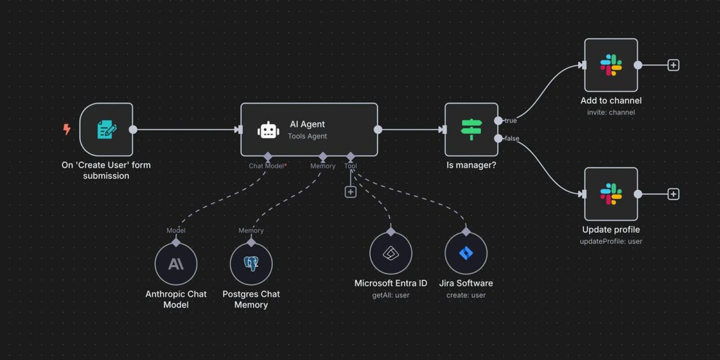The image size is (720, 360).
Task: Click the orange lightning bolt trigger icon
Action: click(67, 129)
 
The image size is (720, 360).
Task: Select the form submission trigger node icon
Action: click(107, 130)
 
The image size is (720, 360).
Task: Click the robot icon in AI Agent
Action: click(268, 130)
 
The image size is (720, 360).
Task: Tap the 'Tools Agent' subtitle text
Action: click(307, 136)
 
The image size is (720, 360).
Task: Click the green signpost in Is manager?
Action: click(471, 129)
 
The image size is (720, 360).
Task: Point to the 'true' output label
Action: click(510, 121)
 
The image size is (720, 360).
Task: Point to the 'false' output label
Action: click(512, 139)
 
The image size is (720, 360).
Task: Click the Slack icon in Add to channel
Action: click(611, 65)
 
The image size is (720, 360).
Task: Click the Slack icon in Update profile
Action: click(611, 194)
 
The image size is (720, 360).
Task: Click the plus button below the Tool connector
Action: click(351, 192)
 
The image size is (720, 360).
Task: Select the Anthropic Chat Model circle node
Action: click(176, 264)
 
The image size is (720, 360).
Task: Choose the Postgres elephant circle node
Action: click(251, 264)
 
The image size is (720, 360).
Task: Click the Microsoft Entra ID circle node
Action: click(391, 253)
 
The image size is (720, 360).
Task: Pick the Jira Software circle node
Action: click(466, 253)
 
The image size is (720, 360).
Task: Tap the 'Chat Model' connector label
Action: click(267, 166)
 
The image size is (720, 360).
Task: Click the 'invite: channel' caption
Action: click(611, 112)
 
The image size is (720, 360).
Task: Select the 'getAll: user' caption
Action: click(391, 296)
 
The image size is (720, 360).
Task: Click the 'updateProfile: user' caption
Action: click(611, 242)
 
